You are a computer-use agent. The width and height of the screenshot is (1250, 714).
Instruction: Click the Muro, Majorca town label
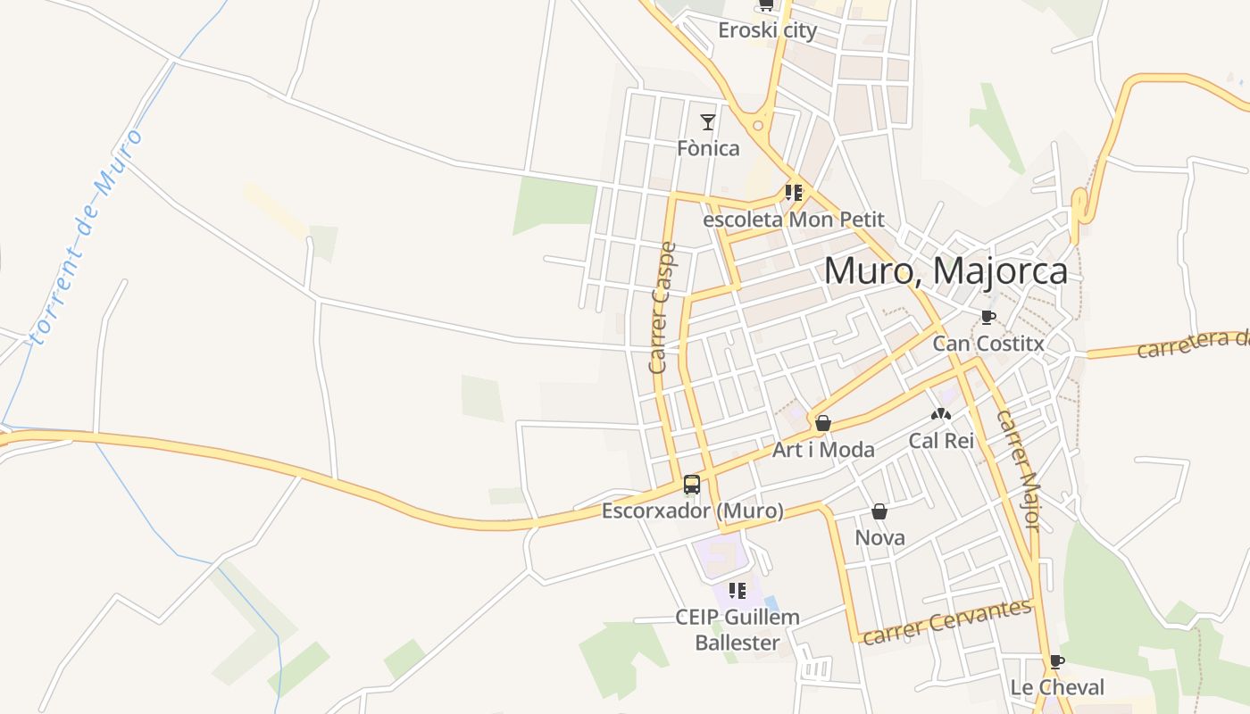tap(945, 271)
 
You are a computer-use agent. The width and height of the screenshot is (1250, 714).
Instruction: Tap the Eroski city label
tap(767, 30)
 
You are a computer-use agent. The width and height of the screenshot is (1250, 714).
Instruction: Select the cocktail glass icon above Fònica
tap(708, 121)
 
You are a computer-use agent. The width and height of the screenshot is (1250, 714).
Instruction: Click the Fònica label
tap(708, 148)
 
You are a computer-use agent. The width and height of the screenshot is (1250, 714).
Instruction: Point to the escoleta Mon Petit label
tap(794, 219)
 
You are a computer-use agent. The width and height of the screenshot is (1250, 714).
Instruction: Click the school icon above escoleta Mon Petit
tap(794, 192)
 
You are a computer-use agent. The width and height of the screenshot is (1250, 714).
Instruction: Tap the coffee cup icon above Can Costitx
tap(987, 317)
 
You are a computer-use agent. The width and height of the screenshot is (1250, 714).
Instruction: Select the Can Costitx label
tap(987, 344)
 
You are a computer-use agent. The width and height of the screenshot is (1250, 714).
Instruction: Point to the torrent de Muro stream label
tap(86, 237)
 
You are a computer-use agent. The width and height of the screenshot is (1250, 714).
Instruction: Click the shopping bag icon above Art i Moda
tap(822, 423)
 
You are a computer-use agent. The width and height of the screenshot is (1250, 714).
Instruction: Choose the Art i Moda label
tap(822, 450)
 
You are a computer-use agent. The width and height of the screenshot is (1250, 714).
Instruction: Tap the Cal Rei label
tap(941, 440)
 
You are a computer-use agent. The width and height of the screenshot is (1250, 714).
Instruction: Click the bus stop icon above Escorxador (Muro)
tap(692, 485)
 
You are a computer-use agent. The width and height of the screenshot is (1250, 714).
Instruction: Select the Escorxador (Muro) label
tap(692, 511)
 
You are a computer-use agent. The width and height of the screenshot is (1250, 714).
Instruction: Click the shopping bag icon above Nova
tap(879, 511)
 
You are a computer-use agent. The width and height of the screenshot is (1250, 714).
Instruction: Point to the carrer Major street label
tap(1018, 470)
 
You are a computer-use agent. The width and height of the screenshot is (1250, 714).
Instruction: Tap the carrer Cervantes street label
tap(946, 621)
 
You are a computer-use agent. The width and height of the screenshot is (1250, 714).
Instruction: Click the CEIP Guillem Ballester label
tap(737, 629)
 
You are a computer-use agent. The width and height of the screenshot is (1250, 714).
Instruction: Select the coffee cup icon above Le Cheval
tap(1057, 661)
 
